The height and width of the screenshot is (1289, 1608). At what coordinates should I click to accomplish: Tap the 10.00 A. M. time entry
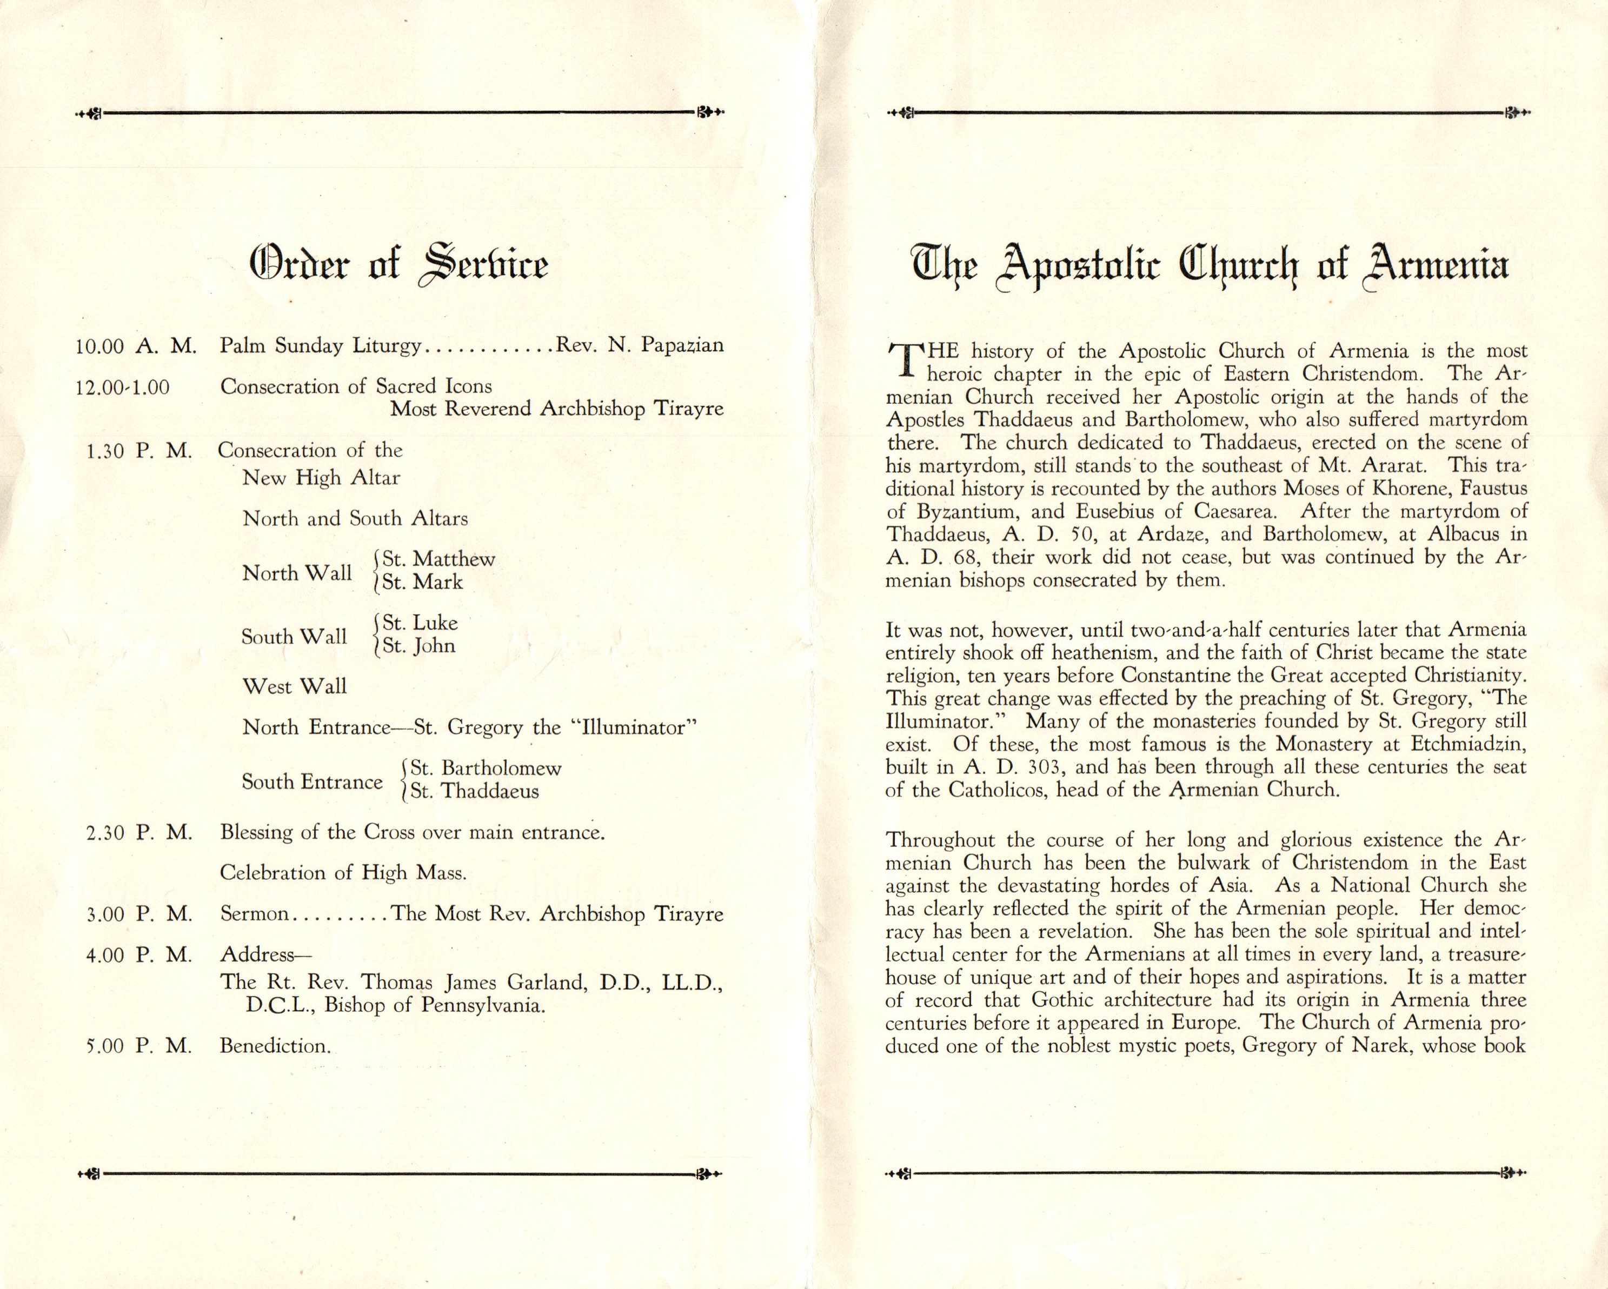coord(136,346)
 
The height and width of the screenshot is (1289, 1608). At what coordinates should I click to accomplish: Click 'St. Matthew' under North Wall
coord(438,559)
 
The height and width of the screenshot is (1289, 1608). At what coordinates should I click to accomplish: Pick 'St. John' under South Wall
coord(419,646)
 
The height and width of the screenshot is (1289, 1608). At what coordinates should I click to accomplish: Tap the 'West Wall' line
coord(295,686)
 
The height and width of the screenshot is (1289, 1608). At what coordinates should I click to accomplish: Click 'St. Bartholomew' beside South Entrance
coord(486,768)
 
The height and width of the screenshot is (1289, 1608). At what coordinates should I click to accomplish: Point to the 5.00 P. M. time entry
coord(139,1046)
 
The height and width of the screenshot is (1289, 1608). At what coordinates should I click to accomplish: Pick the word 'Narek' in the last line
coord(1377,1045)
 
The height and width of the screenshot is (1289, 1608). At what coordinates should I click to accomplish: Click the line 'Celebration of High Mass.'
coord(343,873)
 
